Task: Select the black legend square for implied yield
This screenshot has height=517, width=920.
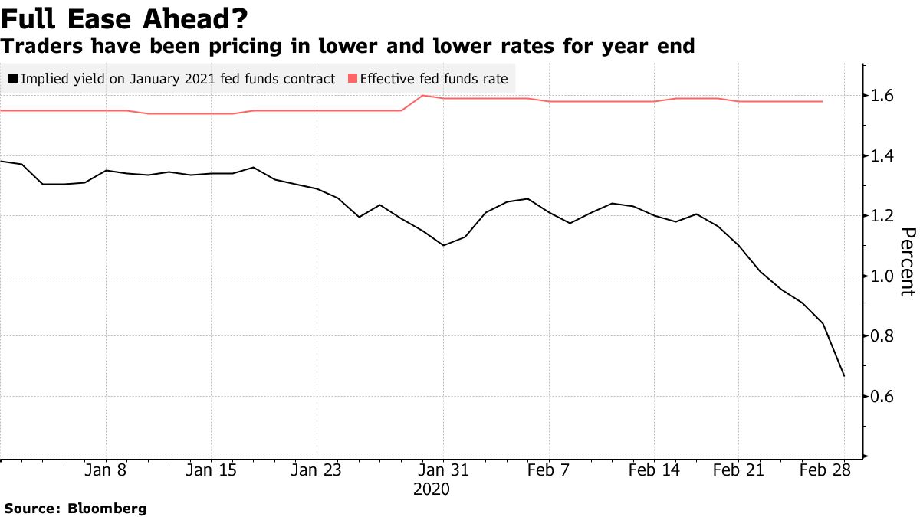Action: [13, 78]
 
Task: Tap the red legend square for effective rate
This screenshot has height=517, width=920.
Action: [353, 78]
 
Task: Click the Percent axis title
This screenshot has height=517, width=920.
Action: [907, 262]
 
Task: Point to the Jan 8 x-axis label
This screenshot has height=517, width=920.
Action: [106, 470]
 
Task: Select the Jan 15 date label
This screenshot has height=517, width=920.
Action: [211, 470]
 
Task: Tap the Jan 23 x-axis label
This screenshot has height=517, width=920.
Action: [317, 470]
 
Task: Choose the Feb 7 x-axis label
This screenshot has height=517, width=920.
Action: [549, 470]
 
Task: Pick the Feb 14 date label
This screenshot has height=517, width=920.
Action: [654, 470]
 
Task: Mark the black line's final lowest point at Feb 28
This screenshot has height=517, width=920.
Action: [844, 375]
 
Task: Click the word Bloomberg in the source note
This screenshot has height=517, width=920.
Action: [107, 508]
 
